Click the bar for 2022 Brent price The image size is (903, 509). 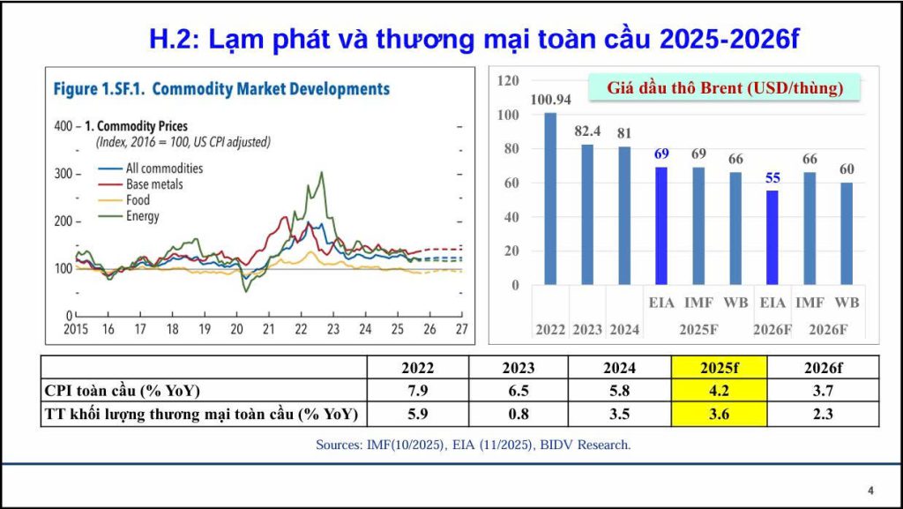pyautogui.click(x=550, y=198)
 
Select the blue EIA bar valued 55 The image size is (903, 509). pyautogui.click(x=773, y=237)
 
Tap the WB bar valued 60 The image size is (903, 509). pyautogui.click(x=847, y=234)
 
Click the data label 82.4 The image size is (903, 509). pyautogui.click(x=587, y=131)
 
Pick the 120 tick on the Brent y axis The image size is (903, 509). pyautogui.click(x=508, y=80)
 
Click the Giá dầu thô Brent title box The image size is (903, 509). pyautogui.click(x=725, y=88)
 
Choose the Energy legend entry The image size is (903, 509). pyautogui.click(x=143, y=216)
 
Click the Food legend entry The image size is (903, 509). pyautogui.click(x=138, y=200)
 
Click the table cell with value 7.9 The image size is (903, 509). pyautogui.click(x=417, y=390)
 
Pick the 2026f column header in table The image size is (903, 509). pyautogui.click(x=823, y=367)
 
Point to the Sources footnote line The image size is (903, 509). pyautogui.click(x=473, y=445)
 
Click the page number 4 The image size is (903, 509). pyautogui.click(x=870, y=490)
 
